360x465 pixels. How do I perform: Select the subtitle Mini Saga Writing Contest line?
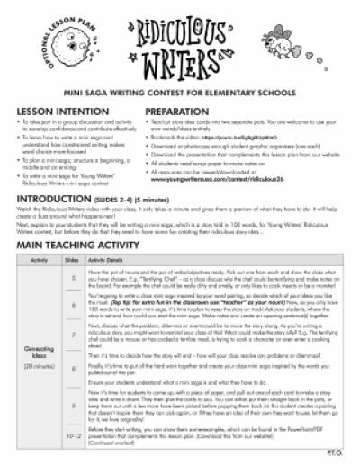coord(180,91)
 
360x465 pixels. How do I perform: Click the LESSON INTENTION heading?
coord(53,107)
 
